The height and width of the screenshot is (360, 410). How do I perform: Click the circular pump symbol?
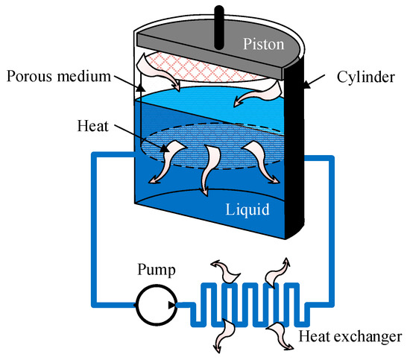[x=155, y=304]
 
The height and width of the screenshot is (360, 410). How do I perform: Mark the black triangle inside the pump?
[x=172, y=304]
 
